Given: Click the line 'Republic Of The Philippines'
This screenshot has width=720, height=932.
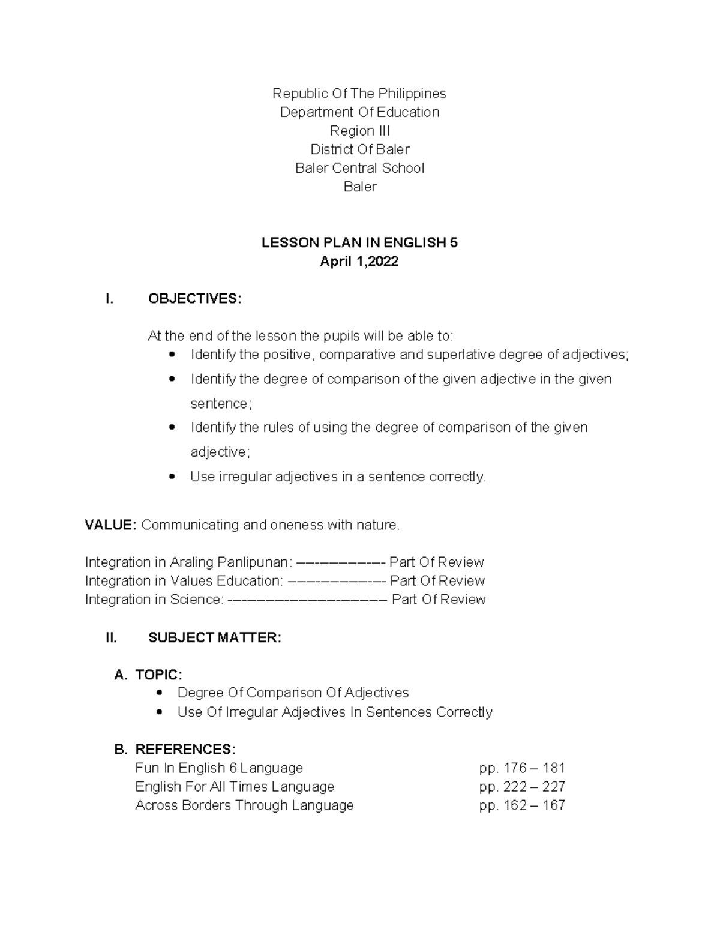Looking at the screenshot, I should click(359, 94).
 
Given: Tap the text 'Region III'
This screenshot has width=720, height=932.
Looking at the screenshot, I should click(359, 131).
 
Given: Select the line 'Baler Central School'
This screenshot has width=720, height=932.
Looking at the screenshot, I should click(359, 168).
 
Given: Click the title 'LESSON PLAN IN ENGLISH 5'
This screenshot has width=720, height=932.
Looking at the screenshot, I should click(359, 243).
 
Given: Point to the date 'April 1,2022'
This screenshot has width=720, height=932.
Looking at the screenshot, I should click(359, 262).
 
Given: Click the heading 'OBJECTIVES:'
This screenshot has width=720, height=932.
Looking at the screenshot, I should click(194, 299).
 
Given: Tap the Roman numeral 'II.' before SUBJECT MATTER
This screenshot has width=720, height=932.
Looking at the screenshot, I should click(112, 637).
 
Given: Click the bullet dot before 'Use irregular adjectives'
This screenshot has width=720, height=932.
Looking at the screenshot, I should click(172, 477).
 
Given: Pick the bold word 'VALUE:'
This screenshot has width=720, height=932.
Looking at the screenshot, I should click(111, 525).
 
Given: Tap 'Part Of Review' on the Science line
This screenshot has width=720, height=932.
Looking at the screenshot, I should click(439, 600).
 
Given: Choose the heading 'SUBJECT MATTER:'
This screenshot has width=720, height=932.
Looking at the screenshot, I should click(214, 637).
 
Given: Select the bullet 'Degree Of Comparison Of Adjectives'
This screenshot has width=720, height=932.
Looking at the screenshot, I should click(293, 693).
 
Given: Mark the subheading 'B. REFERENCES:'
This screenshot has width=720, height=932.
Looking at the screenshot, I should click(175, 749).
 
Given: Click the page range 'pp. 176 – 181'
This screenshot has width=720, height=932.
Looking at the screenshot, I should click(522, 768).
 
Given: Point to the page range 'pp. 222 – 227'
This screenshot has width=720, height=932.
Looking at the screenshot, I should click(522, 787).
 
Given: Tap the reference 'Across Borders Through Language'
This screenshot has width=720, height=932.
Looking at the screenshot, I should click(244, 805).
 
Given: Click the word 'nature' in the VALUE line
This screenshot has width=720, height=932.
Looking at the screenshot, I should click(378, 525).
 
